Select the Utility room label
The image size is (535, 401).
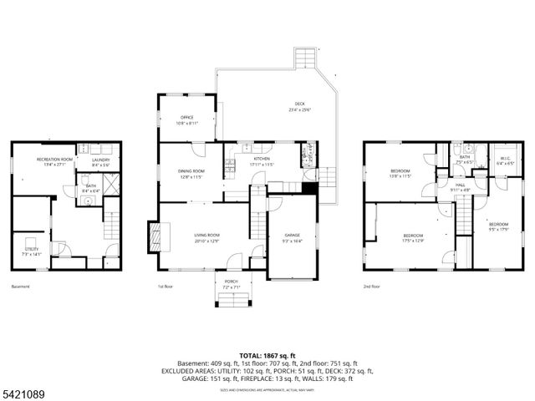[x=31, y=249]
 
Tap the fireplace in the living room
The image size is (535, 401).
[x=153, y=236]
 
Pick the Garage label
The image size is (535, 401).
[x=292, y=236]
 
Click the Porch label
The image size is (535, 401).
[x=231, y=282]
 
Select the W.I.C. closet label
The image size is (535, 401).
[x=505, y=158]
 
